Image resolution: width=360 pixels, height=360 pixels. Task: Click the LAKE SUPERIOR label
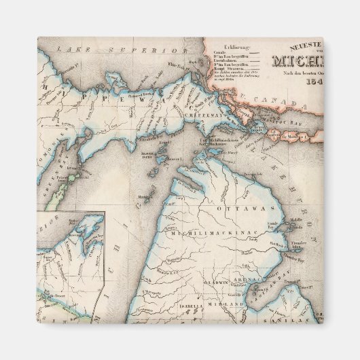(x=122, y=50)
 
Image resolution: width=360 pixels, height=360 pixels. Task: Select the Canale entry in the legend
(x=221, y=51)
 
